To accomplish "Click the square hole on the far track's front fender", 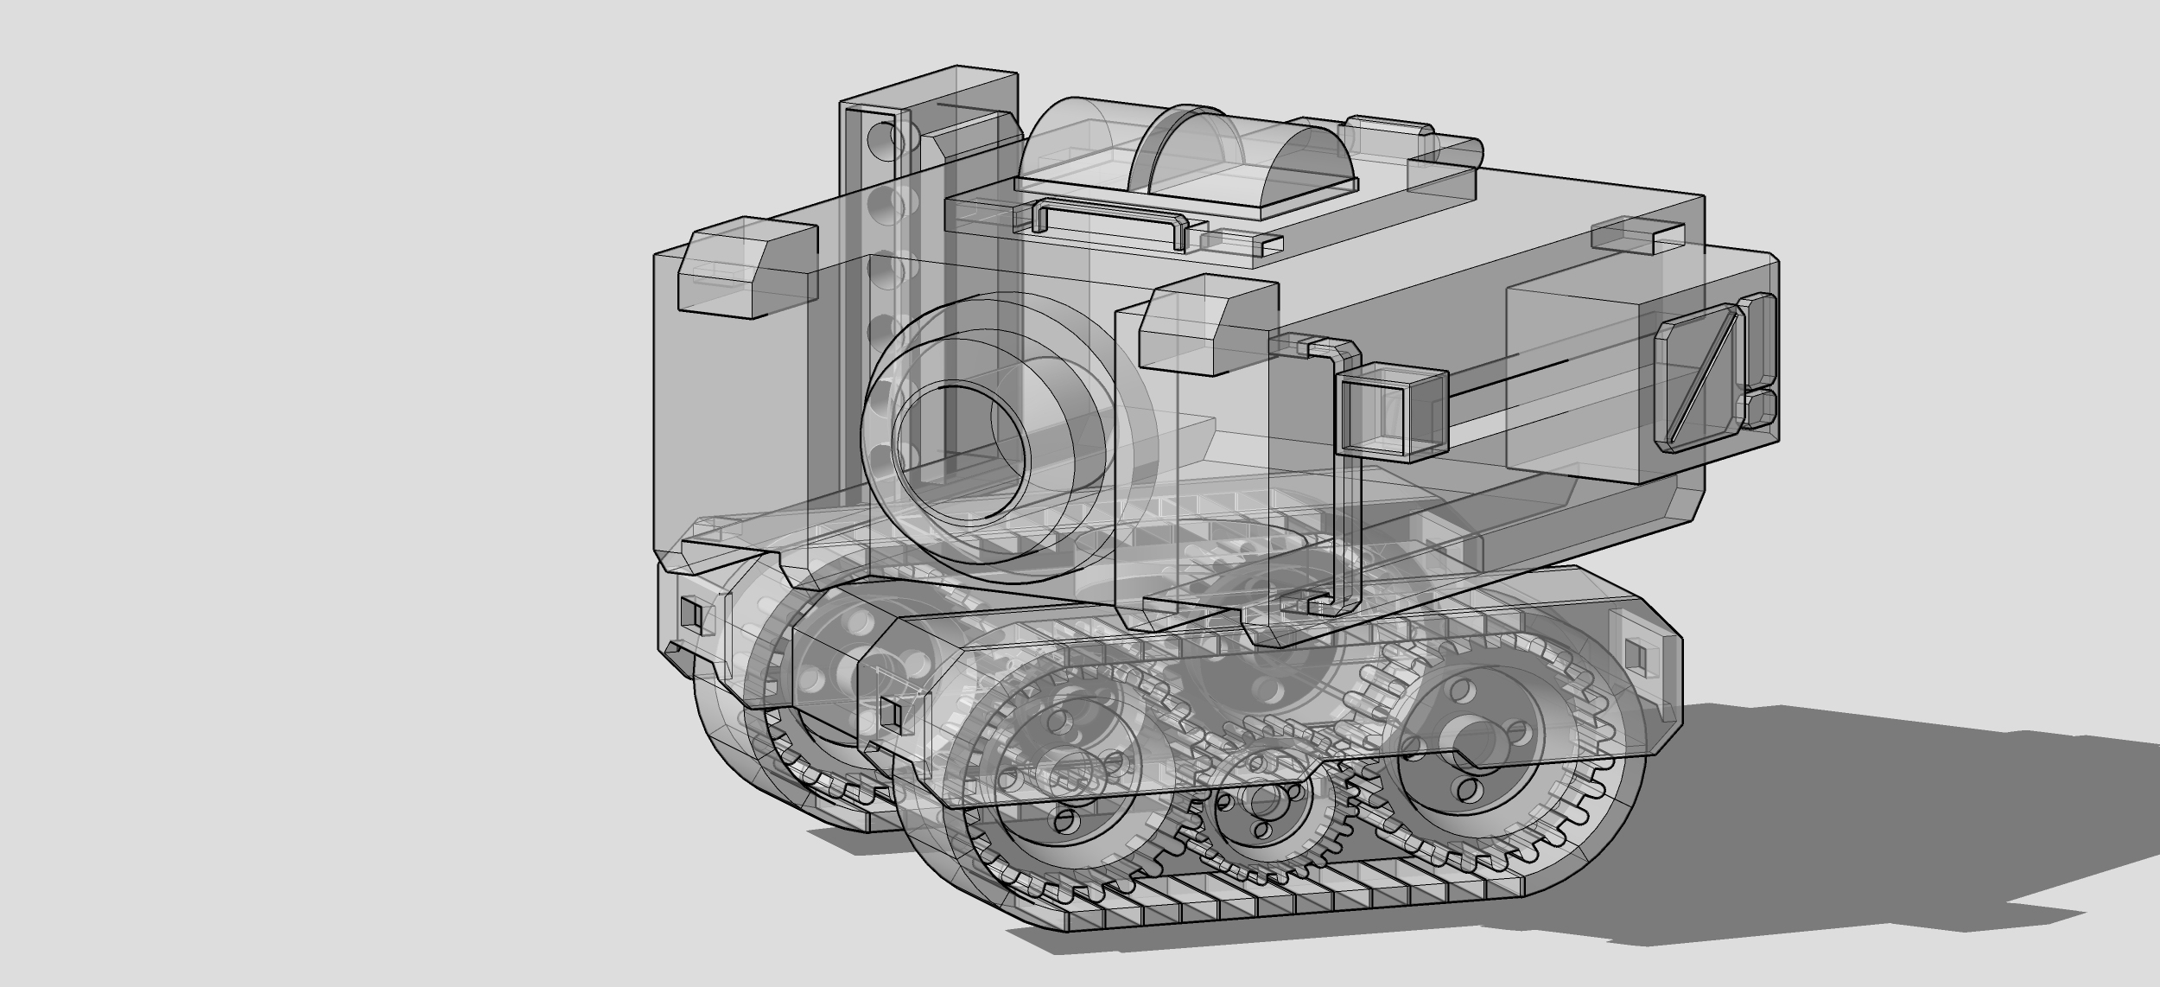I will tap(691, 613).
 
